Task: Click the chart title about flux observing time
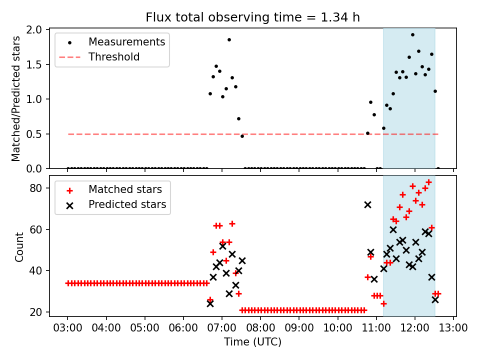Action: pos(252,17)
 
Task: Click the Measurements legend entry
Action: pos(126,42)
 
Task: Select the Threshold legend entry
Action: pos(114,57)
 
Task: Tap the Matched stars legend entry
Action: pos(125,189)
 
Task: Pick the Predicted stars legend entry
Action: pos(127,204)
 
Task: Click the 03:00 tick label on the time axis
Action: pos(68,328)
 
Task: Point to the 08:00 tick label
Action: pos(260,328)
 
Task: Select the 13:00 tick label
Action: pos(453,328)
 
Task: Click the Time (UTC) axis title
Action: pos(252,342)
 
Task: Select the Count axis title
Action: pos(19,247)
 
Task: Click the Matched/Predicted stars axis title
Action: pos(16,98)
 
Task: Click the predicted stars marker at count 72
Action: pos(368,205)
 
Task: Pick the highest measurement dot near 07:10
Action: pos(229,39)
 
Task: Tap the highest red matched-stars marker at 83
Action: pos(428,182)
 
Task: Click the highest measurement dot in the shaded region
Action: pos(412,35)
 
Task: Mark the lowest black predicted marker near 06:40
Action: pos(210,303)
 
